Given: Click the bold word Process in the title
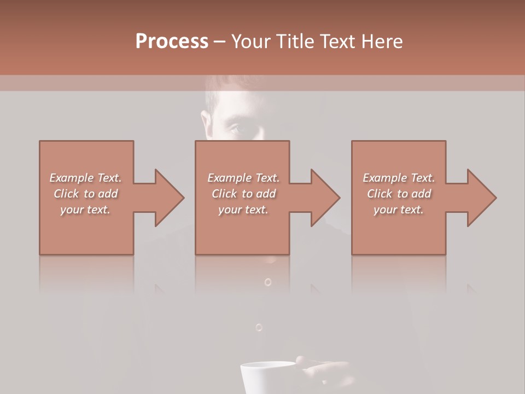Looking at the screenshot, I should tap(172, 42).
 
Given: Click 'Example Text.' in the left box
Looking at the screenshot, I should tap(85, 178).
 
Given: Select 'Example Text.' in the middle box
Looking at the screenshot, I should tap(243, 178).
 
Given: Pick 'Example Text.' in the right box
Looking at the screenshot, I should tap(399, 178).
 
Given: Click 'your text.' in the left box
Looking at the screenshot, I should tap(85, 210).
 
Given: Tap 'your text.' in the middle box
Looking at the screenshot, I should tap(243, 210).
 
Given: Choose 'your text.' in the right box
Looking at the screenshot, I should tap(399, 210).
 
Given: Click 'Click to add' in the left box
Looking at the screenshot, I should tap(85, 194).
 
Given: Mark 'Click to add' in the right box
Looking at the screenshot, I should tap(399, 194).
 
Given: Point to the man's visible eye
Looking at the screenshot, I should tap(233, 130).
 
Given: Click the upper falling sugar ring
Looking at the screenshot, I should tap(267, 282).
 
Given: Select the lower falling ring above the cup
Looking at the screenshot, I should tap(259, 327).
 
